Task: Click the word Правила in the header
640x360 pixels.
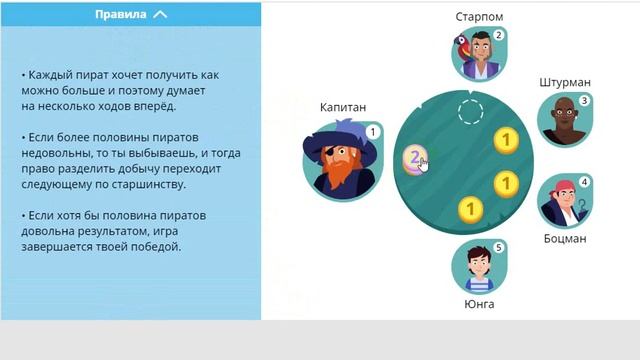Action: (121, 15)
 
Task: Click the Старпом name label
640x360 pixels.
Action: (480, 17)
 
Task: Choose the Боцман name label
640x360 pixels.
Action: (564, 239)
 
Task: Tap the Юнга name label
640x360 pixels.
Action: (479, 304)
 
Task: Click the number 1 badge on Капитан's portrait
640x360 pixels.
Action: (372, 131)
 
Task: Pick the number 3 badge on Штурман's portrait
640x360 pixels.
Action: (584, 101)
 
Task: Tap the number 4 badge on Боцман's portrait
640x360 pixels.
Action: (584, 182)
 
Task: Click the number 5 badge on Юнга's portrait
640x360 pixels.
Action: (498, 248)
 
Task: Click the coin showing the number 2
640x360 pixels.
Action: (416, 157)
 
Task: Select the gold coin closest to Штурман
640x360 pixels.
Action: (507, 139)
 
